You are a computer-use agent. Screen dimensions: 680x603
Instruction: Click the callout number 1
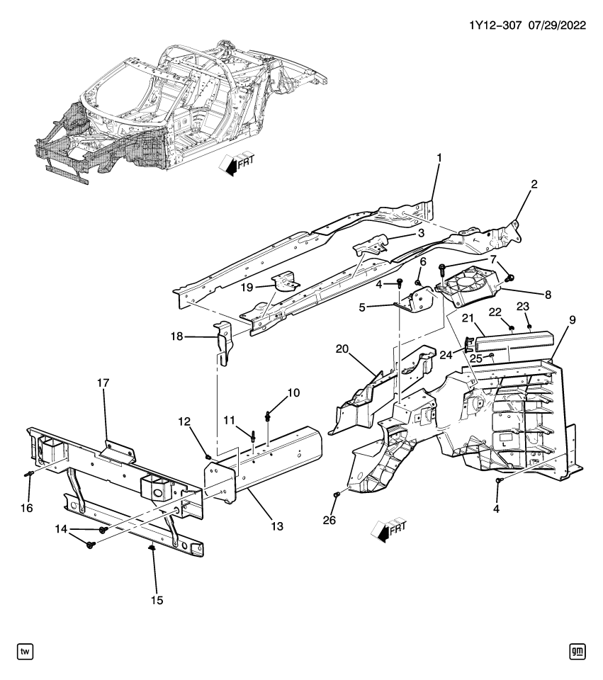point(439,157)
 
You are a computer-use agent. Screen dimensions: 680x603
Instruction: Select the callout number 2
point(534,185)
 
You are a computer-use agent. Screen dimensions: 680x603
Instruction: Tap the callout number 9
point(572,319)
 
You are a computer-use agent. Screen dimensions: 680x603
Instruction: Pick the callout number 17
point(103,383)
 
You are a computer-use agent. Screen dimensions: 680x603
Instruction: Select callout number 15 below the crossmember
point(157,600)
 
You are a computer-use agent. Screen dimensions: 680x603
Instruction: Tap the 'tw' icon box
point(26,651)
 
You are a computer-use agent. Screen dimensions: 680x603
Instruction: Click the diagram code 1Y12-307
point(495,25)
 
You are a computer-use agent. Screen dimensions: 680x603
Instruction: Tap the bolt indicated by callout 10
point(269,416)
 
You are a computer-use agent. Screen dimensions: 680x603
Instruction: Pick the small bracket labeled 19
point(287,284)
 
